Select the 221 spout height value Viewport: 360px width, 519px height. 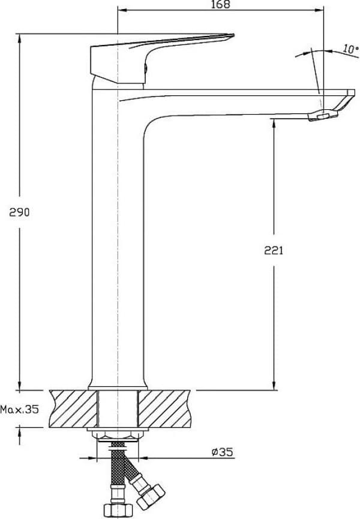(274, 250)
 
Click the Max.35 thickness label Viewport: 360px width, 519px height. (19, 410)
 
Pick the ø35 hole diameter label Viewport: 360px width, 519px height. (222, 453)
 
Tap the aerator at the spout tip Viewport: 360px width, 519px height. (322, 116)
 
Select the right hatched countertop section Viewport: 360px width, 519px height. (168, 408)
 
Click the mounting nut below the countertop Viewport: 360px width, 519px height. (118, 434)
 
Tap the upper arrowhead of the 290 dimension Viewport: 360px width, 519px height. (20, 38)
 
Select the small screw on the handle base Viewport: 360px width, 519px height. (145, 69)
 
